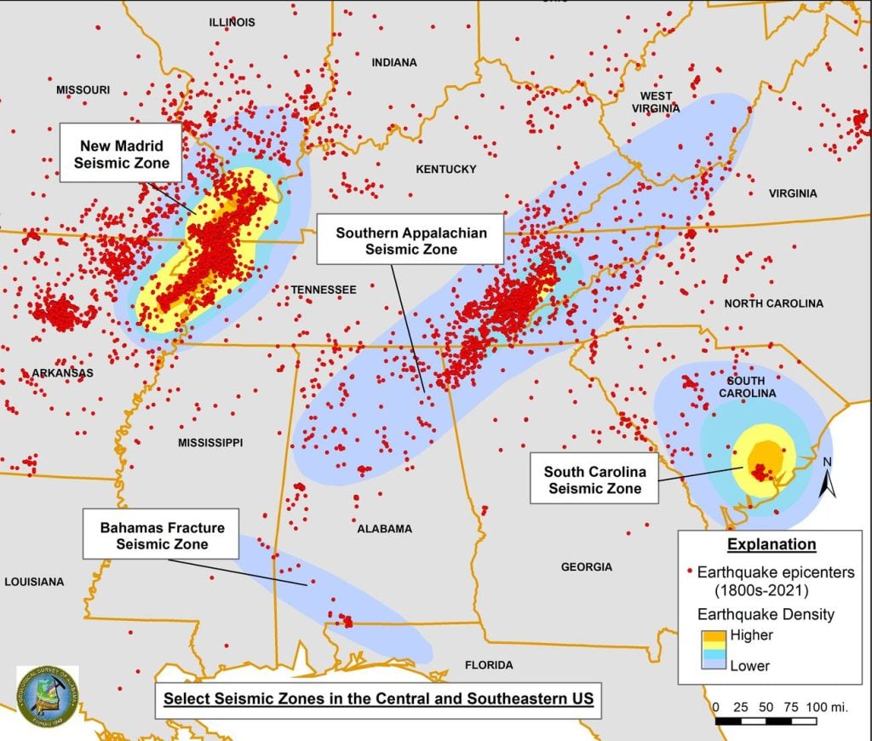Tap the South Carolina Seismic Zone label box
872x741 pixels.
594,480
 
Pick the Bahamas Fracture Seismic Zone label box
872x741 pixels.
161,534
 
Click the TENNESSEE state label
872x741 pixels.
324,290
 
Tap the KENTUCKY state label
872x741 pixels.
445,169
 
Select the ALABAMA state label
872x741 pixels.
384,529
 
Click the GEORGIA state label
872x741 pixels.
586,566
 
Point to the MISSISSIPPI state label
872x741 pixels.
210,443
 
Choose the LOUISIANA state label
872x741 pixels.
34,582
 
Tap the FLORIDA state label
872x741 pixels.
489,665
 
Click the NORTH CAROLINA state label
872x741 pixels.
773,304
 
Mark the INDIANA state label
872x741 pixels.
394,62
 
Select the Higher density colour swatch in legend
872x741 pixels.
713,635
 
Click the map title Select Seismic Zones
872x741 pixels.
378,700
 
